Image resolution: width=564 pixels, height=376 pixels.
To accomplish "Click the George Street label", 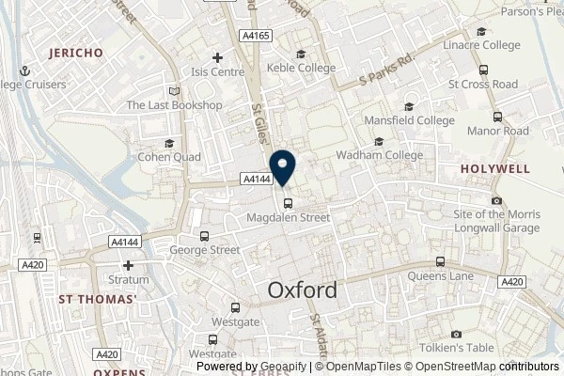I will point(205,250).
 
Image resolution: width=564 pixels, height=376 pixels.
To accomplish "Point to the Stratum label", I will point(129,279).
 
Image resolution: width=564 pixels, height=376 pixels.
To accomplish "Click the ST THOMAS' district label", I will point(98,300).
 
